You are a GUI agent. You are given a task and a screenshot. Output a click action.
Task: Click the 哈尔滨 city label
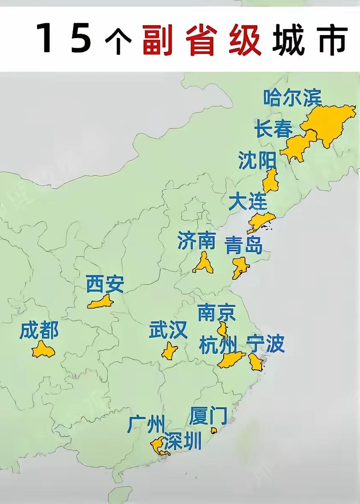coord(292,98)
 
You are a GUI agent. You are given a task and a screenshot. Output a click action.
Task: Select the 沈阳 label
coord(258,161)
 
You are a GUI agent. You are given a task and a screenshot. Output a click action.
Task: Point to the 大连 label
coord(248,201)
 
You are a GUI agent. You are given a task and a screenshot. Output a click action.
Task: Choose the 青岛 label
coord(244,246)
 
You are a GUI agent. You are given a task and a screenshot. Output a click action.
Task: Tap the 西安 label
coord(105,285)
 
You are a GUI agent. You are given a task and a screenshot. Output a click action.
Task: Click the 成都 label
coord(39,331)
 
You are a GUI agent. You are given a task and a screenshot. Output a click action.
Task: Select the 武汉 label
coord(168,330)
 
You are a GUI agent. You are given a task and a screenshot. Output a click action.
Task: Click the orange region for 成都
coord(43,350)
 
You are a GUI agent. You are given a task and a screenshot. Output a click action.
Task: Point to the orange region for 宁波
coord(256,362)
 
